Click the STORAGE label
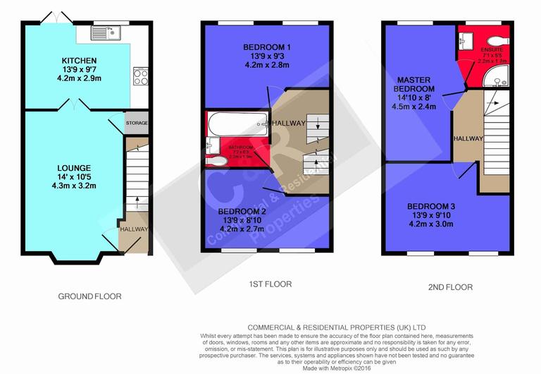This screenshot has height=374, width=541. (137, 123)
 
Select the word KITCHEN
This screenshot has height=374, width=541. (79, 61)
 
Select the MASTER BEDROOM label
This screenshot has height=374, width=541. (414, 85)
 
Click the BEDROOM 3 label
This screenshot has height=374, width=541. (433, 207)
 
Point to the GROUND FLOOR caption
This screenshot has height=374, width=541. (89, 297)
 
